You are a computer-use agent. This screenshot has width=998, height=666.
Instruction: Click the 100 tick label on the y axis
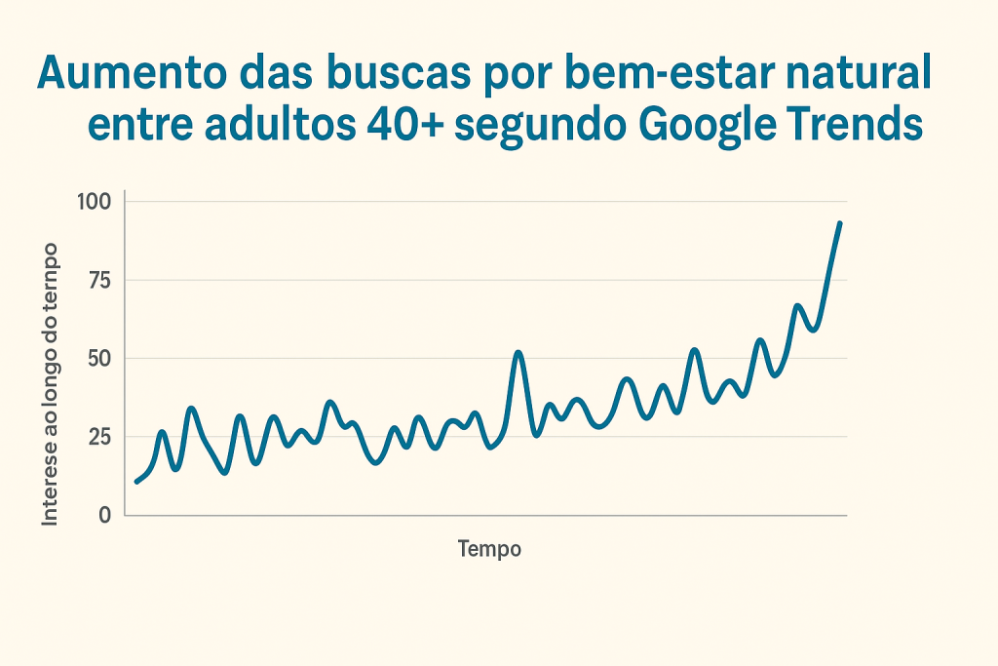click(97, 202)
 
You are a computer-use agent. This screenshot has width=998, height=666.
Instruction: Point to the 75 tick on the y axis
click(100, 281)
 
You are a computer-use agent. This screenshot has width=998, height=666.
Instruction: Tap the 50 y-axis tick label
click(100, 358)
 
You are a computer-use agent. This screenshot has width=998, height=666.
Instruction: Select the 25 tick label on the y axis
click(100, 436)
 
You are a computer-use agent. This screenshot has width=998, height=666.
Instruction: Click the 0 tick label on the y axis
click(105, 515)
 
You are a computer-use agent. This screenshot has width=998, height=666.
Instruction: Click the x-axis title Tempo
click(489, 549)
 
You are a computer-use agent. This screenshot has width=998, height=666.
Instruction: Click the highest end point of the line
click(839, 223)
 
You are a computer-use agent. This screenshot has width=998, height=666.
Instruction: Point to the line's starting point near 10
click(136, 482)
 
